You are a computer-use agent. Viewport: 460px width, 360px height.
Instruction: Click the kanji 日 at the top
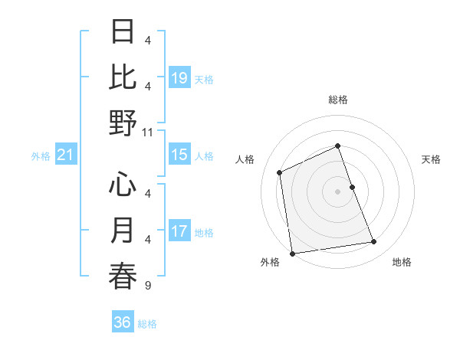click(x=123, y=32)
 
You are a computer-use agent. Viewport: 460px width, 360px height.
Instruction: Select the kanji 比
click(x=123, y=77)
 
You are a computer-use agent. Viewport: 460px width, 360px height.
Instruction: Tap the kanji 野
click(x=123, y=123)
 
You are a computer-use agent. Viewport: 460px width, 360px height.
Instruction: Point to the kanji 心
click(x=123, y=184)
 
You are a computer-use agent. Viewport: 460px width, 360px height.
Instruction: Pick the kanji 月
click(x=123, y=230)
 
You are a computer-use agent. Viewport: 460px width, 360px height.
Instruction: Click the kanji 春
click(x=123, y=276)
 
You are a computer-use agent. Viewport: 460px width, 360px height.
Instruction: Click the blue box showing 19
click(x=179, y=77)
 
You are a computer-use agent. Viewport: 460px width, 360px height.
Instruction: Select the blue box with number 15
click(x=179, y=155)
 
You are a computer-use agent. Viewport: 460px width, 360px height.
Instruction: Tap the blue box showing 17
click(x=179, y=231)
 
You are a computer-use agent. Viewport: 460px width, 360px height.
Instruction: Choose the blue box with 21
click(x=66, y=155)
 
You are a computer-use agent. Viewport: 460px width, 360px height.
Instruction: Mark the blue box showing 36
click(x=123, y=322)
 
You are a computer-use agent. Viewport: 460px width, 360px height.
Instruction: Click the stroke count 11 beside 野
click(x=148, y=132)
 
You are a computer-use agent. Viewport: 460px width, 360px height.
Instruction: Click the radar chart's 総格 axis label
click(x=337, y=100)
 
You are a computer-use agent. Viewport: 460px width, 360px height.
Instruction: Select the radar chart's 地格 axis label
click(x=402, y=262)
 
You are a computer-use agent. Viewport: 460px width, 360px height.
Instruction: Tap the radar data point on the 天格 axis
click(x=352, y=187)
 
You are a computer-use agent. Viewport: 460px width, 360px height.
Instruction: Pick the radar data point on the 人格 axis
click(x=280, y=172)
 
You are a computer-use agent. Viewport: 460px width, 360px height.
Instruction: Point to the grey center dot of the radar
click(x=337, y=191)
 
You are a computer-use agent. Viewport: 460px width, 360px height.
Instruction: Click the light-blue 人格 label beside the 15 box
click(x=204, y=156)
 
